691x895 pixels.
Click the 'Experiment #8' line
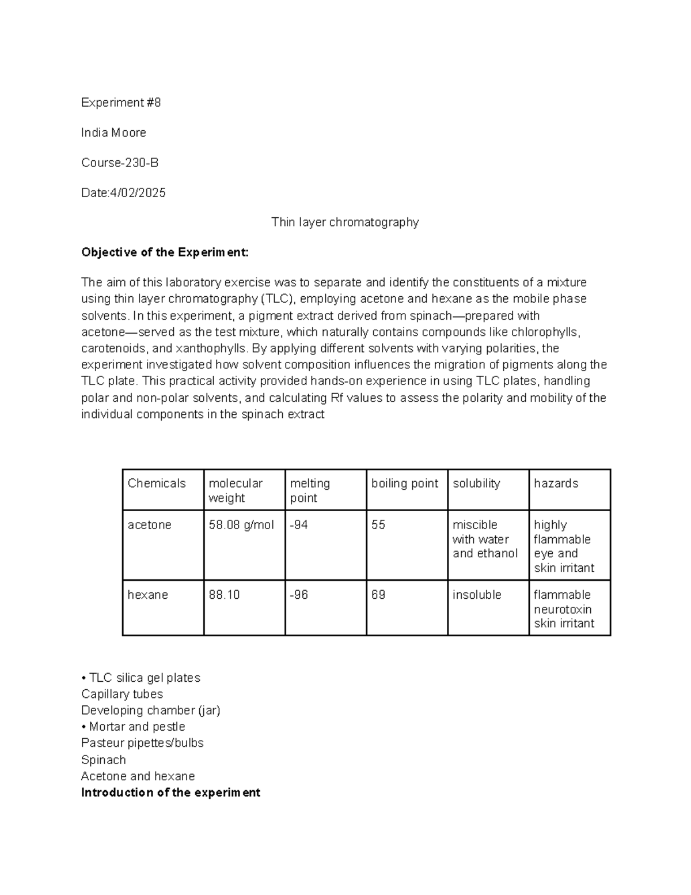click(x=121, y=103)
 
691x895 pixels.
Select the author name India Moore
click(x=113, y=133)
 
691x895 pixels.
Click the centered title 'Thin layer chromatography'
click(x=345, y=222)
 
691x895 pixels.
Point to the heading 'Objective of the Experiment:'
click(x=165, y=252)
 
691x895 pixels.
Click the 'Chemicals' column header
click(x=157, y=484)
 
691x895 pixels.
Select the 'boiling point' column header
click(x=404, y=484)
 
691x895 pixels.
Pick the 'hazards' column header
click(x=556, y=484)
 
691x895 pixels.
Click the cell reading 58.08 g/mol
click(x=241, y=525)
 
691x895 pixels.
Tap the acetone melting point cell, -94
click(x=299, y=525)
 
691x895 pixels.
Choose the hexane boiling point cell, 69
click(x=378, y=595)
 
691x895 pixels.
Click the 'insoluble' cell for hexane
click(x=477, y=595)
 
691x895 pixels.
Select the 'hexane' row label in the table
click(x=147, y=595)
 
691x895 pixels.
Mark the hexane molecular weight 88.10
click(x=224, y=595)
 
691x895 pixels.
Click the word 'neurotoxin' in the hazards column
click(x=562, y=609)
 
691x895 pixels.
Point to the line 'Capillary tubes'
click(x=122, y=694)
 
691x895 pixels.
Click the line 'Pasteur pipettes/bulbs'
click(x=142, y=743)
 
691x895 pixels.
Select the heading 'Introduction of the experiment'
click(x=170, y=792)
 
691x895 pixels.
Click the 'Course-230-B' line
click(x=120, y=163)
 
